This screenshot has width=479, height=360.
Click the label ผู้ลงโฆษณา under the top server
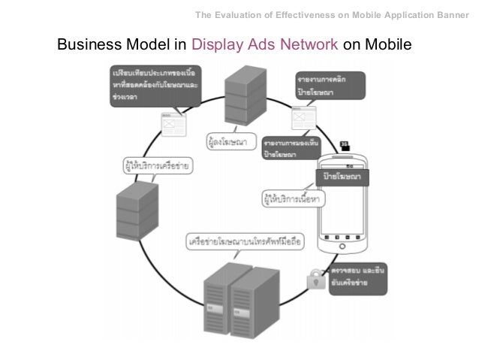click(x=227, y=140)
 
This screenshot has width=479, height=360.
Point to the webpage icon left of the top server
click(x=174, y=123)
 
